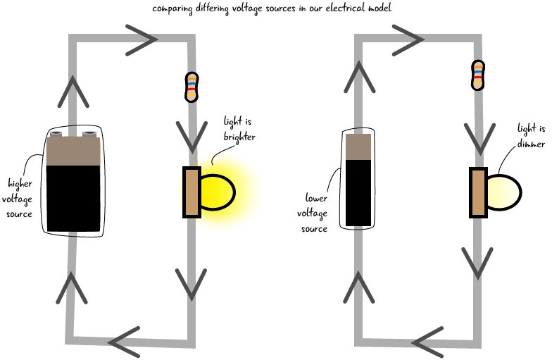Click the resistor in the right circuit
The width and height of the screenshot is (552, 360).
pos(478,76)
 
